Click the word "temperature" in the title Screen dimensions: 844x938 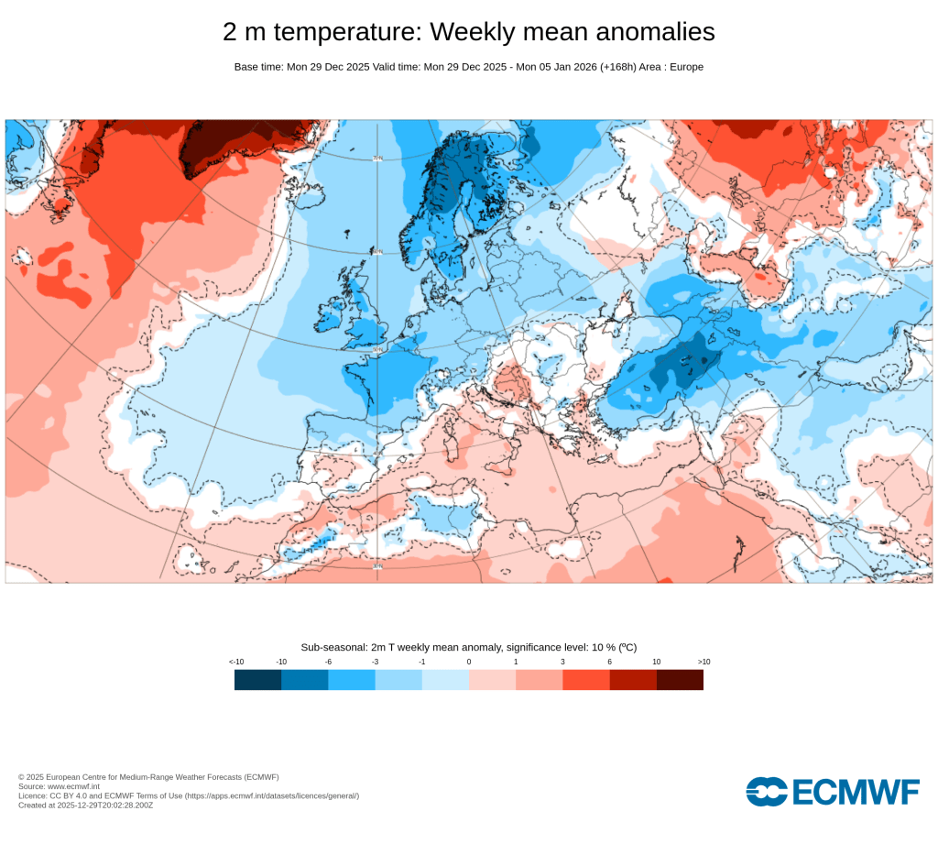tap(348, 32)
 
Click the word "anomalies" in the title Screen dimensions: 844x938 tap(655, 32)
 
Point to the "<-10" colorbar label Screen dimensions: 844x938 tap(236, 662)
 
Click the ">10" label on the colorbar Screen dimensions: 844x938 tap(703, 662)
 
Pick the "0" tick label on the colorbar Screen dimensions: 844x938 tap(468, 662)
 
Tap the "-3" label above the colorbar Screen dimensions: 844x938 tap(375, 662)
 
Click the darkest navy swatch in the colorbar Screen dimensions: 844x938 tap(257, 680)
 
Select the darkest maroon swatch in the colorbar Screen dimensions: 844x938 tap(680, 680)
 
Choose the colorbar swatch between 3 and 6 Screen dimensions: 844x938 tap(586, 680)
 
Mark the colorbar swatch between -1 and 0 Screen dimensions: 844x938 tap(445, 680)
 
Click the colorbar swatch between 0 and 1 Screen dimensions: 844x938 tap(492, 680)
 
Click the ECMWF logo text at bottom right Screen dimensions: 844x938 tap(854, 791)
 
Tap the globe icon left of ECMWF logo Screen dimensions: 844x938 tap(766, 791)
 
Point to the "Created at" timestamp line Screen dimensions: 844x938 tap(85, 805)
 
